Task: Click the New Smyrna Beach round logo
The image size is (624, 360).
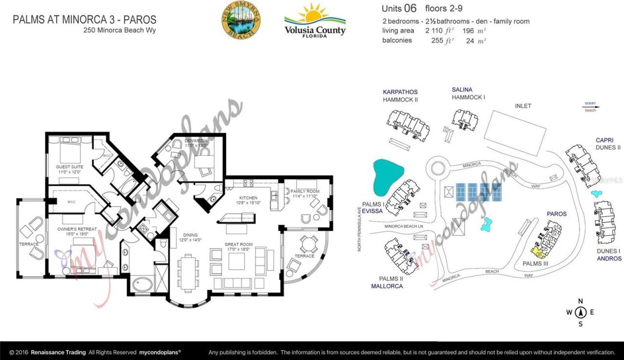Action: (241, 20)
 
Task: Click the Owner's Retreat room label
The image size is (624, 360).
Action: (77, 232)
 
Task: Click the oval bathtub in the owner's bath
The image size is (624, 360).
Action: (142, 283)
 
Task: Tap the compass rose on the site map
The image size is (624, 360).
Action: (581, 312)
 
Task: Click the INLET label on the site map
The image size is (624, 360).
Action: (523, 106)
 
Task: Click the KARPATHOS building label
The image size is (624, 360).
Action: (400, 92)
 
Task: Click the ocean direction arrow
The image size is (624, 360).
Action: (592, 107)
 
